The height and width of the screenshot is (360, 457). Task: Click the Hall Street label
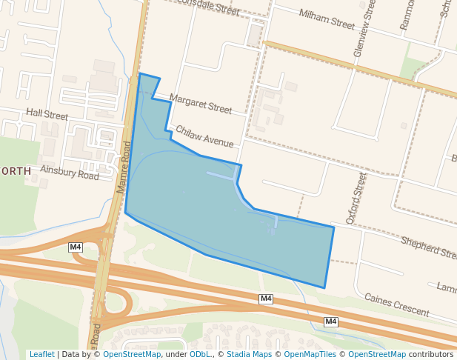[x=47, y=116]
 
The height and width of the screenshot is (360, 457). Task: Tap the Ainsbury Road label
[x=70, y=173]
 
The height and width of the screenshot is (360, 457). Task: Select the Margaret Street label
[x=200, y=103]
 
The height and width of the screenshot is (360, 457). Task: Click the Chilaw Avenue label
[x=204, y=136]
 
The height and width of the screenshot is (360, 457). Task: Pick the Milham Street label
[x=327, y=19]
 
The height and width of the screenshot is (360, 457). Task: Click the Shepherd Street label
[x=428, y=247]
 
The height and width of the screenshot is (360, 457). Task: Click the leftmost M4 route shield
[x=76, y=247]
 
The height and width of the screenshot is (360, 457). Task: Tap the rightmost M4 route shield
[x=330, y=321]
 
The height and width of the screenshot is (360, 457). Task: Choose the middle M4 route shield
[x=266, y=299]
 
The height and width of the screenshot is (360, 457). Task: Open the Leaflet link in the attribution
[x=41, y=354]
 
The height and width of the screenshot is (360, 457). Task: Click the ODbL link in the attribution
[x=200, y=354]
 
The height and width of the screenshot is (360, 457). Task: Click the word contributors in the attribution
[x=431, y=354]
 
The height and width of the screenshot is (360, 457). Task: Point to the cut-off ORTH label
[x=16, y=171]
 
